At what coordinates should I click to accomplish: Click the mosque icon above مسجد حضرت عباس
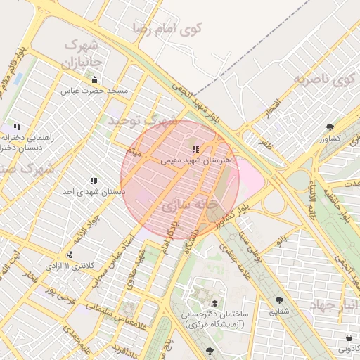[95, 79]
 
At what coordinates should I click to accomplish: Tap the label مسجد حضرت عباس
[94, 91]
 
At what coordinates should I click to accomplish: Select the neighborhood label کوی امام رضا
[172, 29]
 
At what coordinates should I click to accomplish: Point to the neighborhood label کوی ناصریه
[326, 79]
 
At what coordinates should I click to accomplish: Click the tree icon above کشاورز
[330, 127]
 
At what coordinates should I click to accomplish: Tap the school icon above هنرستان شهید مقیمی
[195, 149]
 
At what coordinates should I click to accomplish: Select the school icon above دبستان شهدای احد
[94, 181]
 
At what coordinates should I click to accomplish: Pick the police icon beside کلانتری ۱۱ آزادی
[69, 255]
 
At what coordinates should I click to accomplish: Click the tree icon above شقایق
[279, 300]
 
